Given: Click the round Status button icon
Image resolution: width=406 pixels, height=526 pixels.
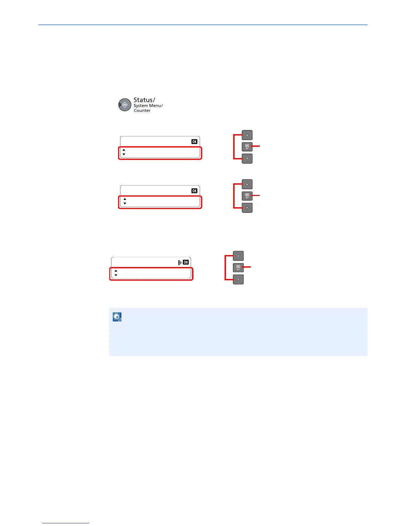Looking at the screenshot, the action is click(125, 105).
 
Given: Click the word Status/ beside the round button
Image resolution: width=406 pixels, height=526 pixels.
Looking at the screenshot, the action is click(144, 100).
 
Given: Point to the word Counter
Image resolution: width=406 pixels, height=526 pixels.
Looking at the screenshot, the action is click(142, 111).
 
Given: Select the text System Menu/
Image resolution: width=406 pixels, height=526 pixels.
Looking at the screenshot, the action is click(148, 106).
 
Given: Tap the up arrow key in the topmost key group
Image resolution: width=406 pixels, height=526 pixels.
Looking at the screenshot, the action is click(247, 135).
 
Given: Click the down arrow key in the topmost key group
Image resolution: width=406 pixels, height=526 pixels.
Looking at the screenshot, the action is click(247, 159).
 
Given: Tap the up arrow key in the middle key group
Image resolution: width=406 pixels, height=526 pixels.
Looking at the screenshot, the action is click(247, 184).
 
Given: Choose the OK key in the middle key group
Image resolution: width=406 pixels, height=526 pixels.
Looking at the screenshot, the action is click(247, 196).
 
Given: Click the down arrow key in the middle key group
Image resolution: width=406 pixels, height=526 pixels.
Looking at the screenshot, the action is click(247, 208).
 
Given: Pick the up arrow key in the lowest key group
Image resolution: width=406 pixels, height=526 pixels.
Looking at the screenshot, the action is click(238, 256).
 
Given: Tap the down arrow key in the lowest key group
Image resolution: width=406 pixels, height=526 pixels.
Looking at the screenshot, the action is click(238, 280).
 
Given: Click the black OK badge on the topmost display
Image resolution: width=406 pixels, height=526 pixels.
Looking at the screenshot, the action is click(194, 142).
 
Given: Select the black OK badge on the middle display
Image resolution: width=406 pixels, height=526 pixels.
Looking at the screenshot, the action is click(194, 191).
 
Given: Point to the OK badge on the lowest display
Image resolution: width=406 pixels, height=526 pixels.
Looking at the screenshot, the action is click(186, 262).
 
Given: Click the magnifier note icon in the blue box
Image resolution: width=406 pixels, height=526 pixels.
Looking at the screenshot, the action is click(117, 317).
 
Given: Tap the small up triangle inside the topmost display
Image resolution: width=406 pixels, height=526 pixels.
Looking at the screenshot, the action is click(124, 150).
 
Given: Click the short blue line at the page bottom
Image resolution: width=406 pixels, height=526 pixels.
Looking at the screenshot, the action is click(66, 523).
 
